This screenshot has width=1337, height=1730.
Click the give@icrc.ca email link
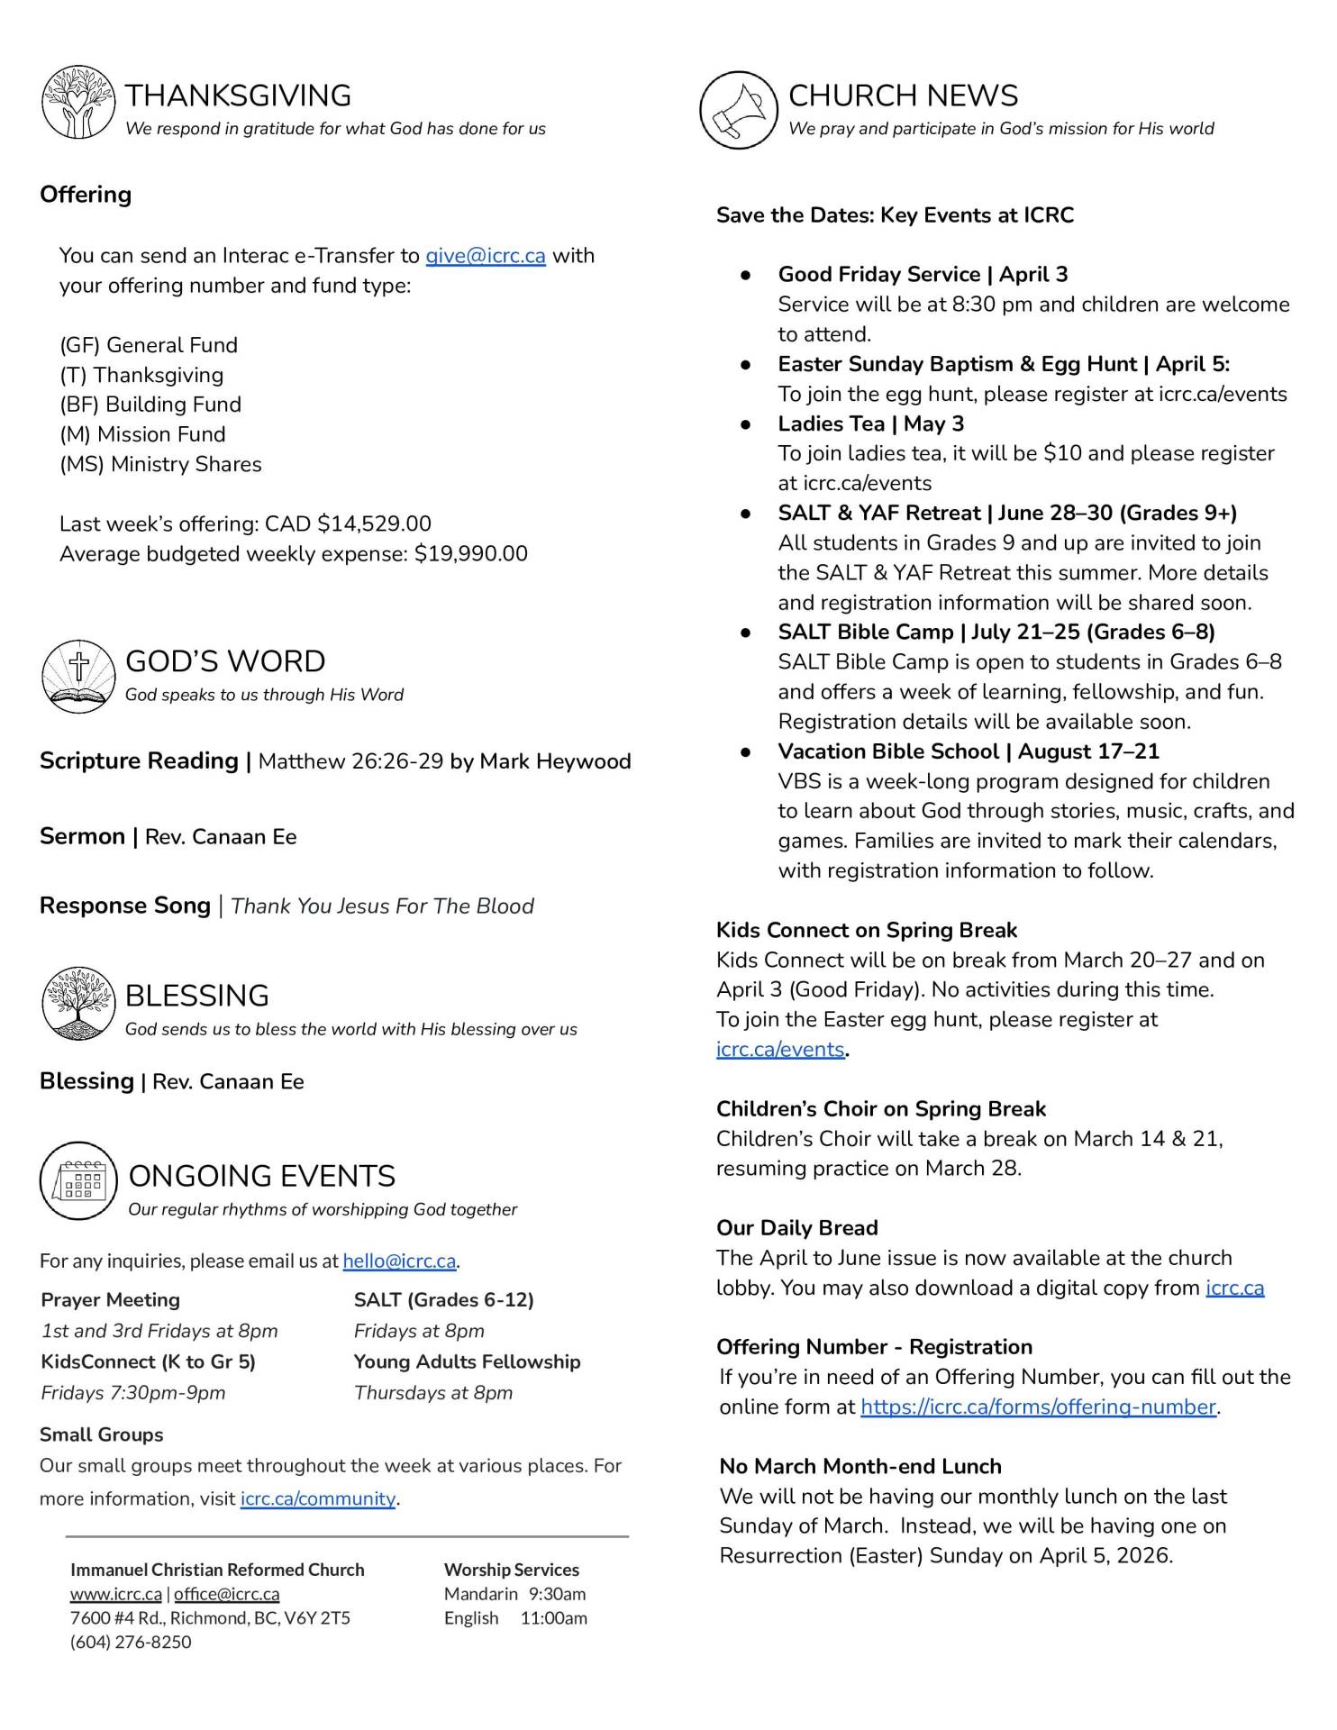pyautogui.click(x=485, y=256)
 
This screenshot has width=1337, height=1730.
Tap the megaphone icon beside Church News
pyautogui.click(x=738, y=110)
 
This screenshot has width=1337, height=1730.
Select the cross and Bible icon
pyautogui.click(x=78, y=676)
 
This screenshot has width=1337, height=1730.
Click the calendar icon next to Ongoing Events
pyautogui.click(x=78, y=1180)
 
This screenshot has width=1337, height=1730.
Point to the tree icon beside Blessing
pyautogui.click(x=78, y=1003)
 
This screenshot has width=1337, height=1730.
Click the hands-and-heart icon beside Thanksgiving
pyautogui.click(x=78, y=102)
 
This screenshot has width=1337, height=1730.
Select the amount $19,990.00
pyautogui.click(x=470, y=554)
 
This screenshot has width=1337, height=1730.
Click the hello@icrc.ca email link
pyautogui.click(x=399, y=1261)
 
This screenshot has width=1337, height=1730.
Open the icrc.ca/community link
pyautogui.click(x=317, y=1498)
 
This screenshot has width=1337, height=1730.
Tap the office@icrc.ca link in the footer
pyautogui.click(x=226, y=1594)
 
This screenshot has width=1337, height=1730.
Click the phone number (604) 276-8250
pyautogui.click(x=131, y=1642)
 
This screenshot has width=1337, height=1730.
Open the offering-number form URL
pyautogui.click(x=1038, y=1407)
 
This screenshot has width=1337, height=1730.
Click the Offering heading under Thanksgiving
pyautogui.click(x=86, y=195)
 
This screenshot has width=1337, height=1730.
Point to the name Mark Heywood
pyautogui.click(x=555, y=761)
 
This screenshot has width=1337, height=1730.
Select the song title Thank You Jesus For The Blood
pyautogui.click(x=382, y=906)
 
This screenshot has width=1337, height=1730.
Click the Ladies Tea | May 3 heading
pyautogui.click(x=870, y=423)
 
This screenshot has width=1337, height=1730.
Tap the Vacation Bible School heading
pyautogui.click(x=969, y=751)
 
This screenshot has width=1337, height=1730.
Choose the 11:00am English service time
pyautogui.click(x=553, y=1617)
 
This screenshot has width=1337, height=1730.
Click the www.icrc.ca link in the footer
pyautogui.click(x=116, y=1594)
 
